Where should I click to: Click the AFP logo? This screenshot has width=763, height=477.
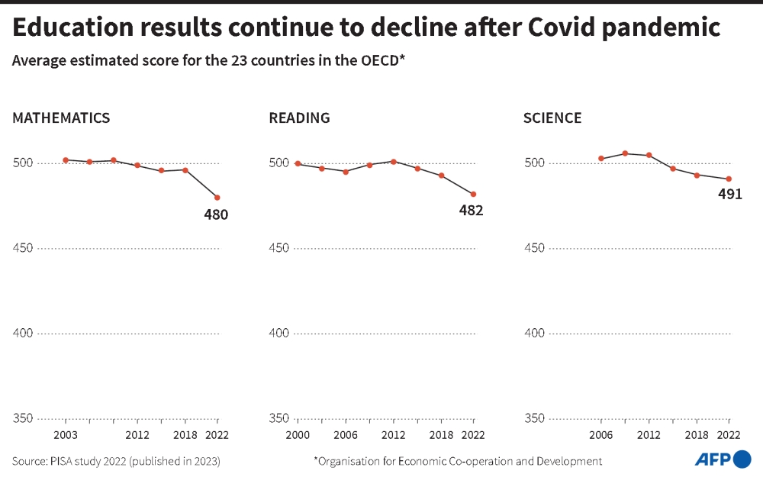coord(722,459)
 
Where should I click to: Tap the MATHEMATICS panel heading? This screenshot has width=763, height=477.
coord(61,118)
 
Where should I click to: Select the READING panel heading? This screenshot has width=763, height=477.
coord(299,118)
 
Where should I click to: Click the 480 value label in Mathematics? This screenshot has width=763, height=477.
coord(216,214)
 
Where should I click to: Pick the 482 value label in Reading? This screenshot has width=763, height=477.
coord(471,211)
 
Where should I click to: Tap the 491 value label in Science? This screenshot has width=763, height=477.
coord(730,194)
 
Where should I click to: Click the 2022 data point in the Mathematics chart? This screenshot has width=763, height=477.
coord(217,198)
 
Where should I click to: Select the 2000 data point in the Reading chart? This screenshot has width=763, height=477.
coord(298,164)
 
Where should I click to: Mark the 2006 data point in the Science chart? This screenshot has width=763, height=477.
coord(601,159)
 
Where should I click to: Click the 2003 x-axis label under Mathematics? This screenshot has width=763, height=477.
coord(66,435)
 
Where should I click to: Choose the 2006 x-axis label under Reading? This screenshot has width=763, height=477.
coord(346,435)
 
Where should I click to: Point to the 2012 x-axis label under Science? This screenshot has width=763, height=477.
coord(649,435)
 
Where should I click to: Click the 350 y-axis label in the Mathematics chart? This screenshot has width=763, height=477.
coord(23,418)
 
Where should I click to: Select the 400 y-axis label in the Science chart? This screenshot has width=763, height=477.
coord(534,334)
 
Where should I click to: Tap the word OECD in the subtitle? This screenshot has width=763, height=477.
coord(379,61)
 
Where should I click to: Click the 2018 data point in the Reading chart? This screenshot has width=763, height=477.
coord(442,176)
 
